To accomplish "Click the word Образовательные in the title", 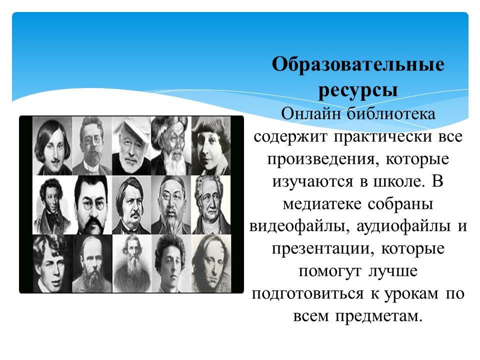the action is (358, 64).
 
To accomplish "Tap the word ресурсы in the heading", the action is (358, 91).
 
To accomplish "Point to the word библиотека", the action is (391, 114).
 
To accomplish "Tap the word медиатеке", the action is (322, 204).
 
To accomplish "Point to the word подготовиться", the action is (307, 294).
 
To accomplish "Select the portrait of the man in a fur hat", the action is (171, 145).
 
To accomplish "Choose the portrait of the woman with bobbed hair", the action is (210, 145).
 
